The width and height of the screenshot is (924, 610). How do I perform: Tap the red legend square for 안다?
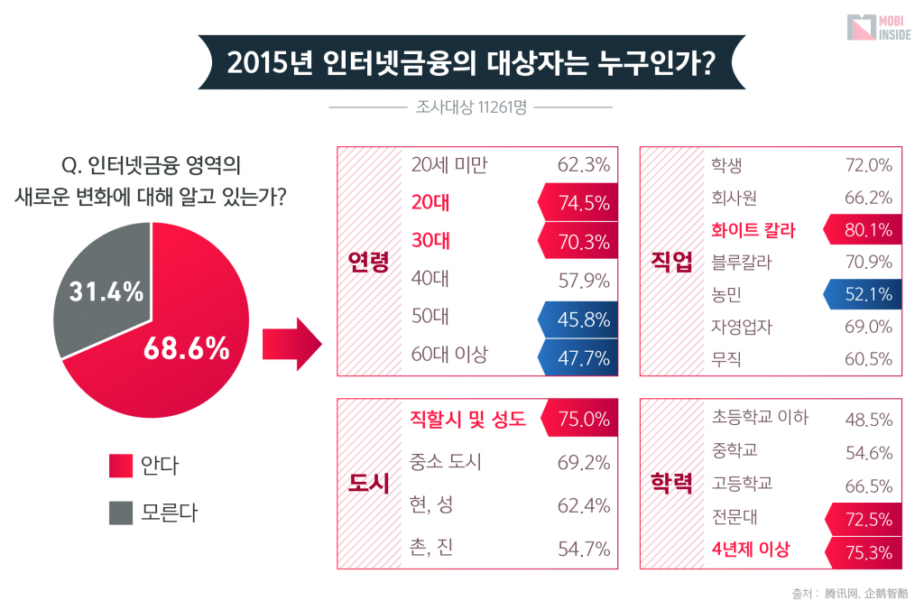point(121,466)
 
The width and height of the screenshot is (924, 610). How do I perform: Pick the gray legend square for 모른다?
point(121,513)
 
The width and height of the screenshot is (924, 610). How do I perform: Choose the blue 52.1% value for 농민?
point(866,294)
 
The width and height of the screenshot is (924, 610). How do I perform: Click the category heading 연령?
point(368,262)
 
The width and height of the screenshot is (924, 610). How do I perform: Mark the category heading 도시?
point(368,484)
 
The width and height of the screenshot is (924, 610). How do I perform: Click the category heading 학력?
point(670,484)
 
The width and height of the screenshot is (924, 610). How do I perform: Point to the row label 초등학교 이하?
point(760,418)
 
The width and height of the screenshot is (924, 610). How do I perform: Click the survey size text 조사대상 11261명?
point(471,106)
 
